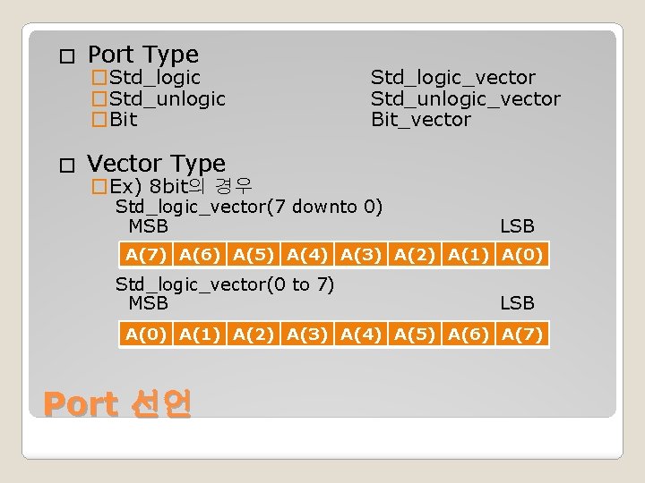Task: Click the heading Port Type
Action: (142, 55)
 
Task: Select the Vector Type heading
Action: (156, 164)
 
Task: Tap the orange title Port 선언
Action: (117, 405)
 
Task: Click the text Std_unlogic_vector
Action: (465, 98)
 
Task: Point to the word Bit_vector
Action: (420, 119)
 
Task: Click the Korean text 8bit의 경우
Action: (202, 186)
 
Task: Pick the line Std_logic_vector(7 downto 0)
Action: (248, 207)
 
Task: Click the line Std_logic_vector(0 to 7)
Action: (224, 284)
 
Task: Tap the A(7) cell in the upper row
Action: (146, 255)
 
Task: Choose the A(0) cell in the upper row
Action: (522, 255)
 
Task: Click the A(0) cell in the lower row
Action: (146, 335)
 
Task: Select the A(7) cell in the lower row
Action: (522, 335)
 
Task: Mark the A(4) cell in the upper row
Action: (307, 255)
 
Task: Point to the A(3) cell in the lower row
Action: (307, 335)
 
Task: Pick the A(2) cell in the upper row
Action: (415, 255)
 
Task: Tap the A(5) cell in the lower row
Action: (415, 335)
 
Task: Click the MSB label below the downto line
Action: (148, 226)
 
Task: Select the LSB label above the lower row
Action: (517, 303)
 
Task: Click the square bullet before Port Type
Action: (63, 56)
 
